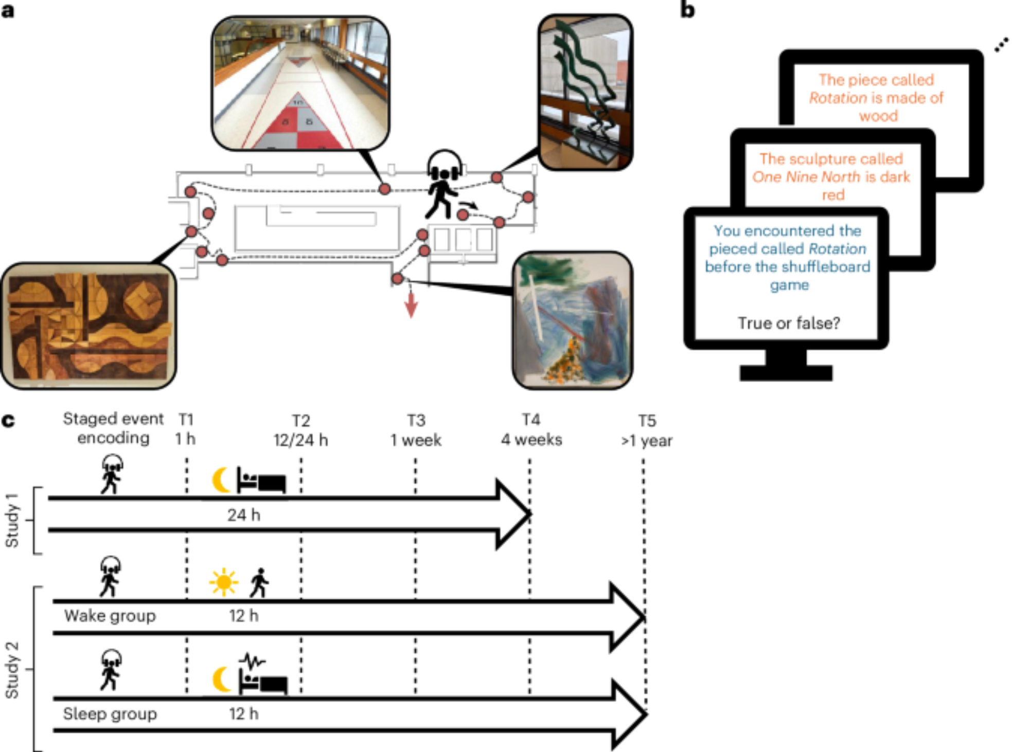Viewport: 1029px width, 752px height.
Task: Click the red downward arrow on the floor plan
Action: [x=411, y=304]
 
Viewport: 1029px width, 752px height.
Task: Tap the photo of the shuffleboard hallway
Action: [x=300, y=83]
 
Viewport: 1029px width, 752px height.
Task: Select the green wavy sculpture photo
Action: [x=586, y=92]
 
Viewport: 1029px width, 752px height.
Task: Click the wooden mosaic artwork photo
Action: [x=88, y=326]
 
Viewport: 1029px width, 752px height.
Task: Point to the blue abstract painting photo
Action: [x=573, y=320]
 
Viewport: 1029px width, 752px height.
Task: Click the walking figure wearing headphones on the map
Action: [x=443, y=185]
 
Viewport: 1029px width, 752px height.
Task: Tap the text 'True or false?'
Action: [x=788, y=323]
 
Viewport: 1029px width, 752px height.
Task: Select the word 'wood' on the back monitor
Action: [x=878, y=116]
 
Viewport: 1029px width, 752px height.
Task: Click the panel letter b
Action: [x=687, y=10]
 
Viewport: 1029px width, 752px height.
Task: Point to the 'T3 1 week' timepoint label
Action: [x=416, y=431]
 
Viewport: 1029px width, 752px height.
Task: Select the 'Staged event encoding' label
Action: [x=113, y=428]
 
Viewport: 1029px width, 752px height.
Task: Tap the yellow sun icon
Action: [x=224, y=582]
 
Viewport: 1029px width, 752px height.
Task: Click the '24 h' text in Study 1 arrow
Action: [x=244, y=515]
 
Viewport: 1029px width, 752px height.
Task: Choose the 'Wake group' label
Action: [x=110, y=616]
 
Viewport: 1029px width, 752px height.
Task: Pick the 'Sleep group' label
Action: [x=110, y=714]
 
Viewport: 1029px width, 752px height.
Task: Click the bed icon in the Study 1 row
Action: [x=261, y=480]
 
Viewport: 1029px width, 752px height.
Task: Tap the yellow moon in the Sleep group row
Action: [x=221, y=679]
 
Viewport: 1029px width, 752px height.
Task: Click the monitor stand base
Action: [x=786, y=372]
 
